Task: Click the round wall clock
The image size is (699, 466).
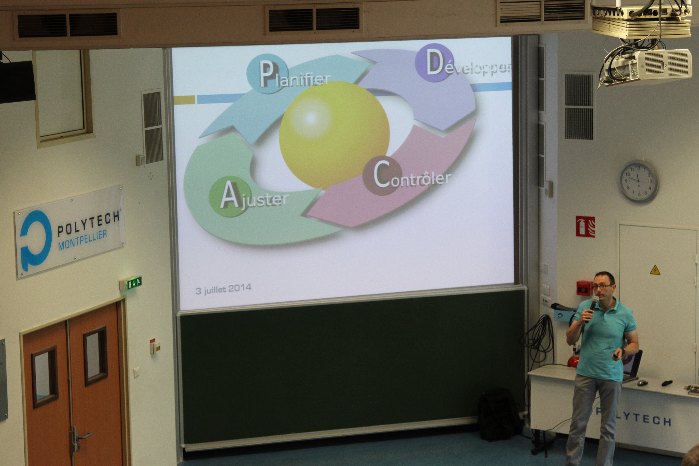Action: click(x=638, y=181)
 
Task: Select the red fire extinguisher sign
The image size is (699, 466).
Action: click(x=585, y=227)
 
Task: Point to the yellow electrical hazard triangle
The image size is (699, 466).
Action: click(x=655, y=270)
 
